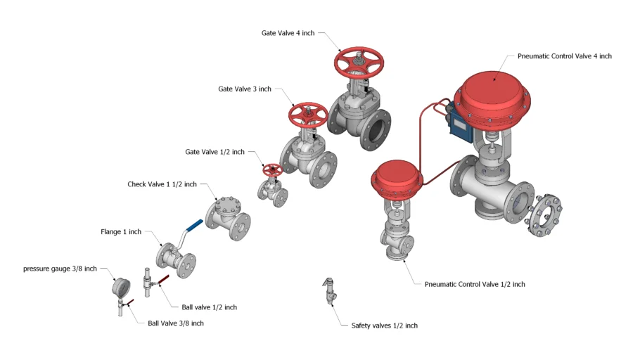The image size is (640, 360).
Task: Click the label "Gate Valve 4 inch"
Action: click(x=288, y=33)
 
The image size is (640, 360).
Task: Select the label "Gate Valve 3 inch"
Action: click(x=245, y=89)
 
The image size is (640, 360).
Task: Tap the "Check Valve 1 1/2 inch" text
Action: click(x=162, y=184)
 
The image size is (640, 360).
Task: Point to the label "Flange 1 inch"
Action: click(x=121, y=232)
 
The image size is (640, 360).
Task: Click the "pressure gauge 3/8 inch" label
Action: click(x=60, y=269)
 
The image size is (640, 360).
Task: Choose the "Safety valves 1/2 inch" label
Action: click(x=385, y=326)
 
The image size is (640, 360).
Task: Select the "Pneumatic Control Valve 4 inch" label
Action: click(x=565, y=56)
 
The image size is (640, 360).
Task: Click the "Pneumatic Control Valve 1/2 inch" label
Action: click(x=475, y=285)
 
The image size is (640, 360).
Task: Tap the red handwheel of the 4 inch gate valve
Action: click(x=359, y=63)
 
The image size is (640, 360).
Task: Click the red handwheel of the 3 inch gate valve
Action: click(x=308, y=115)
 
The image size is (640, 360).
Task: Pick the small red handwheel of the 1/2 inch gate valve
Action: click(x=273, y=169)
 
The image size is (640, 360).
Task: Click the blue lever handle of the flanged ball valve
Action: click(x=195, y=225)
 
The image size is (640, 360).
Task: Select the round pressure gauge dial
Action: click(x=121, y=288)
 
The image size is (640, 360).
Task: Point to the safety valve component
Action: click(x=330, y=291)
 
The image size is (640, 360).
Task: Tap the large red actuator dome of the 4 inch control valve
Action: click(x=492, y=98)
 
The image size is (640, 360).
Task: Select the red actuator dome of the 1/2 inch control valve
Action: click(x=397, y=179)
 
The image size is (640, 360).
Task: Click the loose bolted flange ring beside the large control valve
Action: click(x=543, y=216)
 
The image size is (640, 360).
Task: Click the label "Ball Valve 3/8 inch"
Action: click(x=176, y=323)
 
